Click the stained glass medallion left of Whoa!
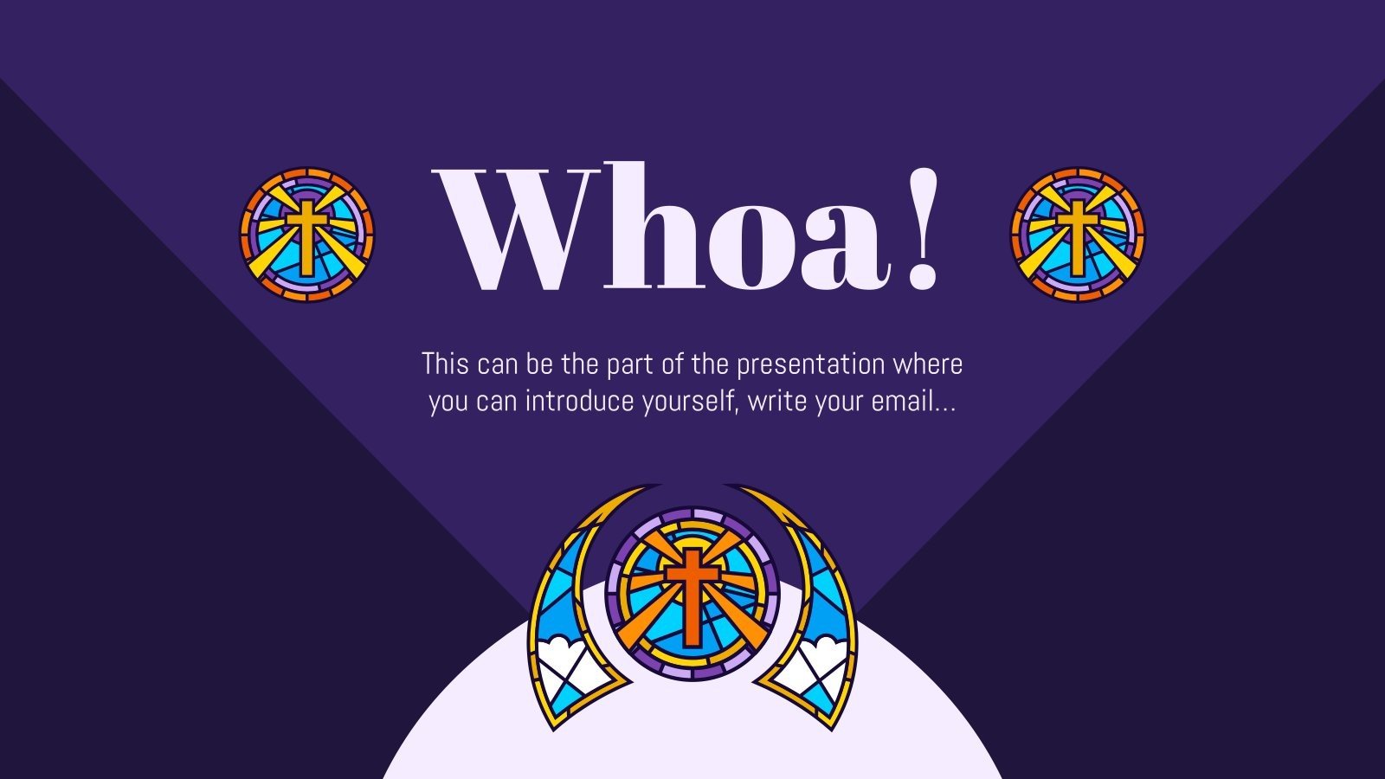[x=306, y=235]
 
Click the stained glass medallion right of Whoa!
[x=1078, y=235]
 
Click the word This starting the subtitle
[x=445, y=364]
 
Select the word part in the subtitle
[x=629, y=364]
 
